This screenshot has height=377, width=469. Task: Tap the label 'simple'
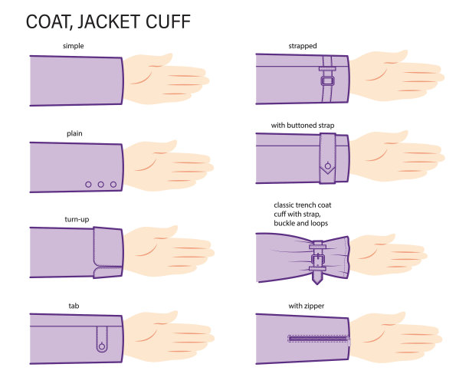pos(74,46)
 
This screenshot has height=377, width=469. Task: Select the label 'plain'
pos(74,133)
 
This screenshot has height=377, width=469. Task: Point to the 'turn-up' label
pos(77,219)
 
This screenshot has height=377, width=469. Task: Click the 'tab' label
pos(74,306)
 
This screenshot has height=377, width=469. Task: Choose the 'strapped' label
pos(303,46)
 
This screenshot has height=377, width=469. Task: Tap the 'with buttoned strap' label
pos(303,125)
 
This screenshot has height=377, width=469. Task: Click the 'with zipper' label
pos(307,307)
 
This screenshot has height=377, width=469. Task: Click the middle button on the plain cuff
pos(101,185)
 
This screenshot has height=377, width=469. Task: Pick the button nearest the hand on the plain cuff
pos(113,185)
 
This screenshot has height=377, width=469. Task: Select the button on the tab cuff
pos(102,346)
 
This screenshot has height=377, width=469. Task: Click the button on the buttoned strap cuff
pos(328,166)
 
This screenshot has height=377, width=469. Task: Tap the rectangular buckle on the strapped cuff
pos(328,80)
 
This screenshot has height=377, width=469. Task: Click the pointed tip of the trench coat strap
pos(317,284)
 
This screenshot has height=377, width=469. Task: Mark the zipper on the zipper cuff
pos(319,339)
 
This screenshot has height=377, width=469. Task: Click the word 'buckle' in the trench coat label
pos(284,223)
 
